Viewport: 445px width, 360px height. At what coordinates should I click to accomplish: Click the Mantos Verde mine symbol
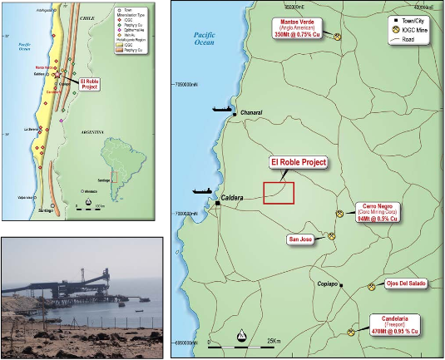[x=338, y=37]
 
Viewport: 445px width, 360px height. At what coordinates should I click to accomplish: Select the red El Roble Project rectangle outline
[x=279, y=192]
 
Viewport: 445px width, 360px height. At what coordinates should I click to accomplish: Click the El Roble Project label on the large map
[x=299, y=163]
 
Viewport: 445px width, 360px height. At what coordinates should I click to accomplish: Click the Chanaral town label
[x=252, y=113]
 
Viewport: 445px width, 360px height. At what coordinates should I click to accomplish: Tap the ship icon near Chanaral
[x=223, y=109]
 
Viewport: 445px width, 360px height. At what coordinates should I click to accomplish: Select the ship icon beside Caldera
[x=200, y=190]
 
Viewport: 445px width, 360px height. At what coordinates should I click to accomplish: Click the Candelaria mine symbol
[x=352, y=332]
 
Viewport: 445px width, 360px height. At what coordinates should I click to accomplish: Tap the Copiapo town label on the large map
[x=329, y=284]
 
